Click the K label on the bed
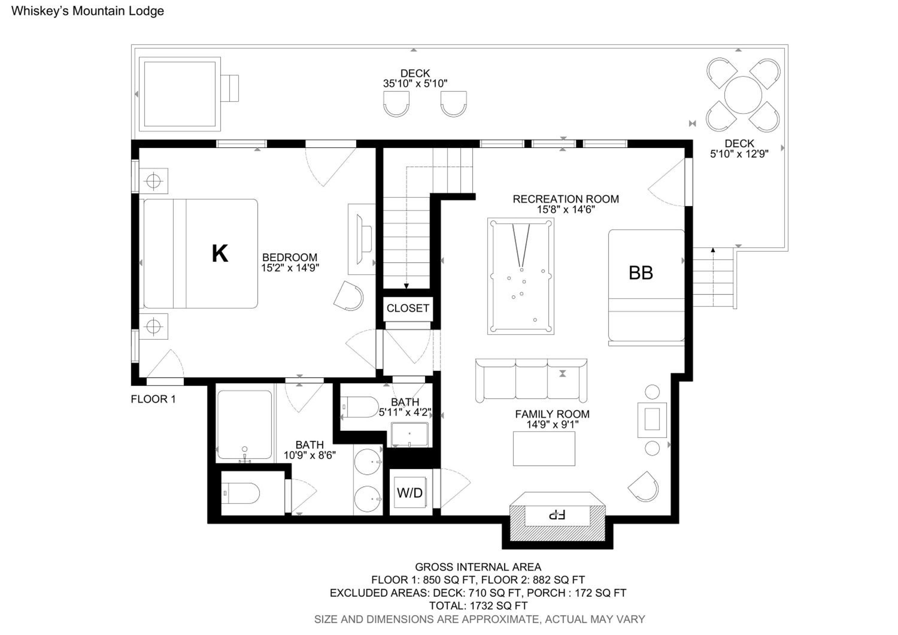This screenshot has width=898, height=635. (220, 253)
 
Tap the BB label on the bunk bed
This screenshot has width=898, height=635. (641, 273)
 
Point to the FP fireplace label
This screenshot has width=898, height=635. (557, 515)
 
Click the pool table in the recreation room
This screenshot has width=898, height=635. (521, 276)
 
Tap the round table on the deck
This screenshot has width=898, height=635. (743, 95)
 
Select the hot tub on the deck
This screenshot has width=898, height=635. (180, 94)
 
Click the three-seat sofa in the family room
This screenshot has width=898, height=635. (531, 381)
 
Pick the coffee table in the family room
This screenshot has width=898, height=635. (544, 449)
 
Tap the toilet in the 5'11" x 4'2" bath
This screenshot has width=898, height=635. (359, 407)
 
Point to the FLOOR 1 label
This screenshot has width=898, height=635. (153, 399)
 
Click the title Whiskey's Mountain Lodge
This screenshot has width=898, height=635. (88, 11)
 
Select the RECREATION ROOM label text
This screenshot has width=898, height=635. (565, 199)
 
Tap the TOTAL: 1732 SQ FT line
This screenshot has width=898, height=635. (478, 606)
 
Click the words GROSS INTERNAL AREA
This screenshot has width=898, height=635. (478, 567)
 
